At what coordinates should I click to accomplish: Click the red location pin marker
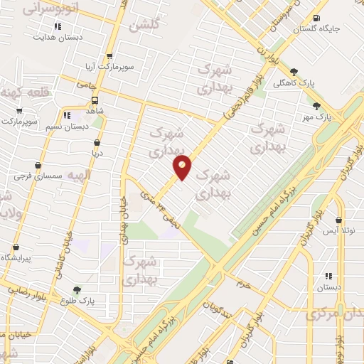[183, 168]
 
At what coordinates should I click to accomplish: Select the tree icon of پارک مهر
[317, 106]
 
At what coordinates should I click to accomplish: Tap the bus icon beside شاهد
[95, 100]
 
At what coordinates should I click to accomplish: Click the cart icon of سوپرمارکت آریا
[109, 56]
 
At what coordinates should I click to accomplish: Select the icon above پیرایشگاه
[16, 247]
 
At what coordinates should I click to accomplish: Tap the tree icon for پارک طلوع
[77, 289]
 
